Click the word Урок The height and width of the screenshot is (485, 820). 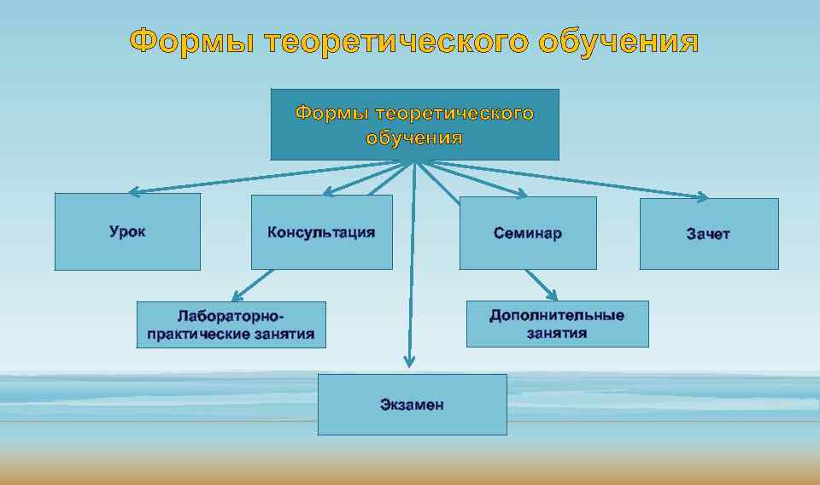click(127, 231)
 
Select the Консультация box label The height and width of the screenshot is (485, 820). click(321, 232)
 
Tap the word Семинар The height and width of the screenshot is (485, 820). click(528, 233)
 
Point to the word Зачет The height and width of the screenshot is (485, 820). click(708, 234)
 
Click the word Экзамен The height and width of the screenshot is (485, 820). click(412, 405)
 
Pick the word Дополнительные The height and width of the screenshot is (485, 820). click(557, 315)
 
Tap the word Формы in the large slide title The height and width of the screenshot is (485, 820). click(193, 41)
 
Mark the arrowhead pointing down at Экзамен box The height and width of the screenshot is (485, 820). click(410, 362)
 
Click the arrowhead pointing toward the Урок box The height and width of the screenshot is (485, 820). click(134, 192)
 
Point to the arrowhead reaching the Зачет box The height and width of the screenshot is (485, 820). click(702, 197)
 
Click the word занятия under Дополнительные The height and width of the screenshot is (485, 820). click(557, 333)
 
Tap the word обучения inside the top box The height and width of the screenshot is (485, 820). click(414, 137)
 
